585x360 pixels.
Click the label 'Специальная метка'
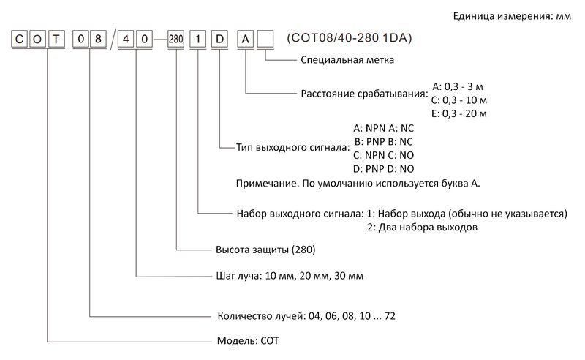(x=347, y=61)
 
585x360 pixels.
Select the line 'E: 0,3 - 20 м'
(x=459, y=113)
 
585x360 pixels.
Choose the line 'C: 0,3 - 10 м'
(x=459, y=100)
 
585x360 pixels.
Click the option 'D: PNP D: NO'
(x=384, y=169)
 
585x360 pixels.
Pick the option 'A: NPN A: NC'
(x=384, y=127)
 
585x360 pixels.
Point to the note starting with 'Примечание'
(x=358, y=183)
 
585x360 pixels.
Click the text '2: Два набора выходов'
(x=422, y=228)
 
